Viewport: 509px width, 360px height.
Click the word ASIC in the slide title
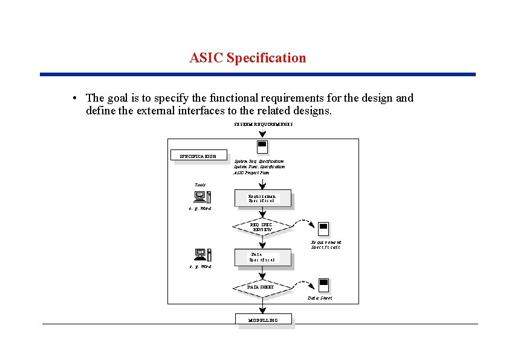(x=205, y=58)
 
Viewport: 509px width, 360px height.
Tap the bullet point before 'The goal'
(x=73, y=98)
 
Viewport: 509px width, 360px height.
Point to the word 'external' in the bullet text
(x=150, y=111)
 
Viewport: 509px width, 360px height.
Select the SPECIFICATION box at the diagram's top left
(x=199, y=156)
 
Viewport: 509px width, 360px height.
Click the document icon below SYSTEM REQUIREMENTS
(x=262, y=146)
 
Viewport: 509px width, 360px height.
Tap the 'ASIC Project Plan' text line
(x=252, y=172)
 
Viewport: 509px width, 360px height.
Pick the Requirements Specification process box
(x=262, y=198)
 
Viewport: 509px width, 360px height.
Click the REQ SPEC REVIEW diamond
(x=262, y=227)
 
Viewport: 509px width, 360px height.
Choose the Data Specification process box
(x=262, y=257)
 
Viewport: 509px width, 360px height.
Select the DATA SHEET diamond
(x=262, y=287)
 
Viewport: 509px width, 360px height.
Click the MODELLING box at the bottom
(x=263, y=319)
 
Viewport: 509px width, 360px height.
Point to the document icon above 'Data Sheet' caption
(x=323, y=285)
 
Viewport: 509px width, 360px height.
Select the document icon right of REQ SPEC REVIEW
(x=323, y=229)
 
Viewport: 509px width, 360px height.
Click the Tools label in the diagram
(x=200, y=184)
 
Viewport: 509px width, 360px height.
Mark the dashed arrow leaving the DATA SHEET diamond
(x=302, y=283)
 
